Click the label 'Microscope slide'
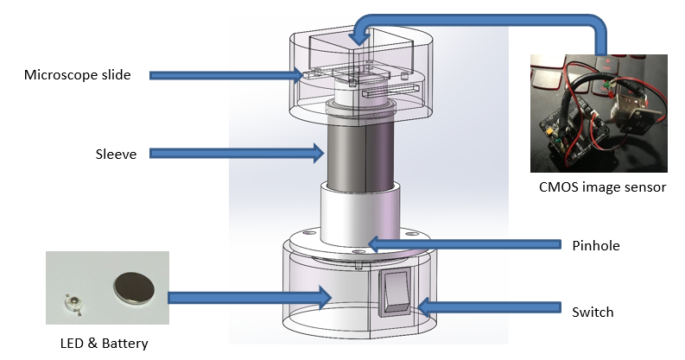pyautogui.click(x=77, y=75)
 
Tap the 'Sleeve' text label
pyautogui.click(x=113, y=155)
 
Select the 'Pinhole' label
pyautogui.click(x=596, y=246)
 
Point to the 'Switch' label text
pyautogui.click(x=593, y=311)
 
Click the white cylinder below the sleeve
pyautogui.click(x=357, y=215)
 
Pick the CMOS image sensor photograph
pyautogui.click(x=599, y=112)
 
